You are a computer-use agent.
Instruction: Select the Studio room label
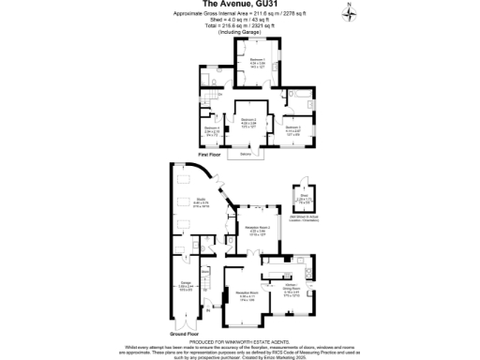202,198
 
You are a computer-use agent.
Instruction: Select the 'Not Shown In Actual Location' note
328,220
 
